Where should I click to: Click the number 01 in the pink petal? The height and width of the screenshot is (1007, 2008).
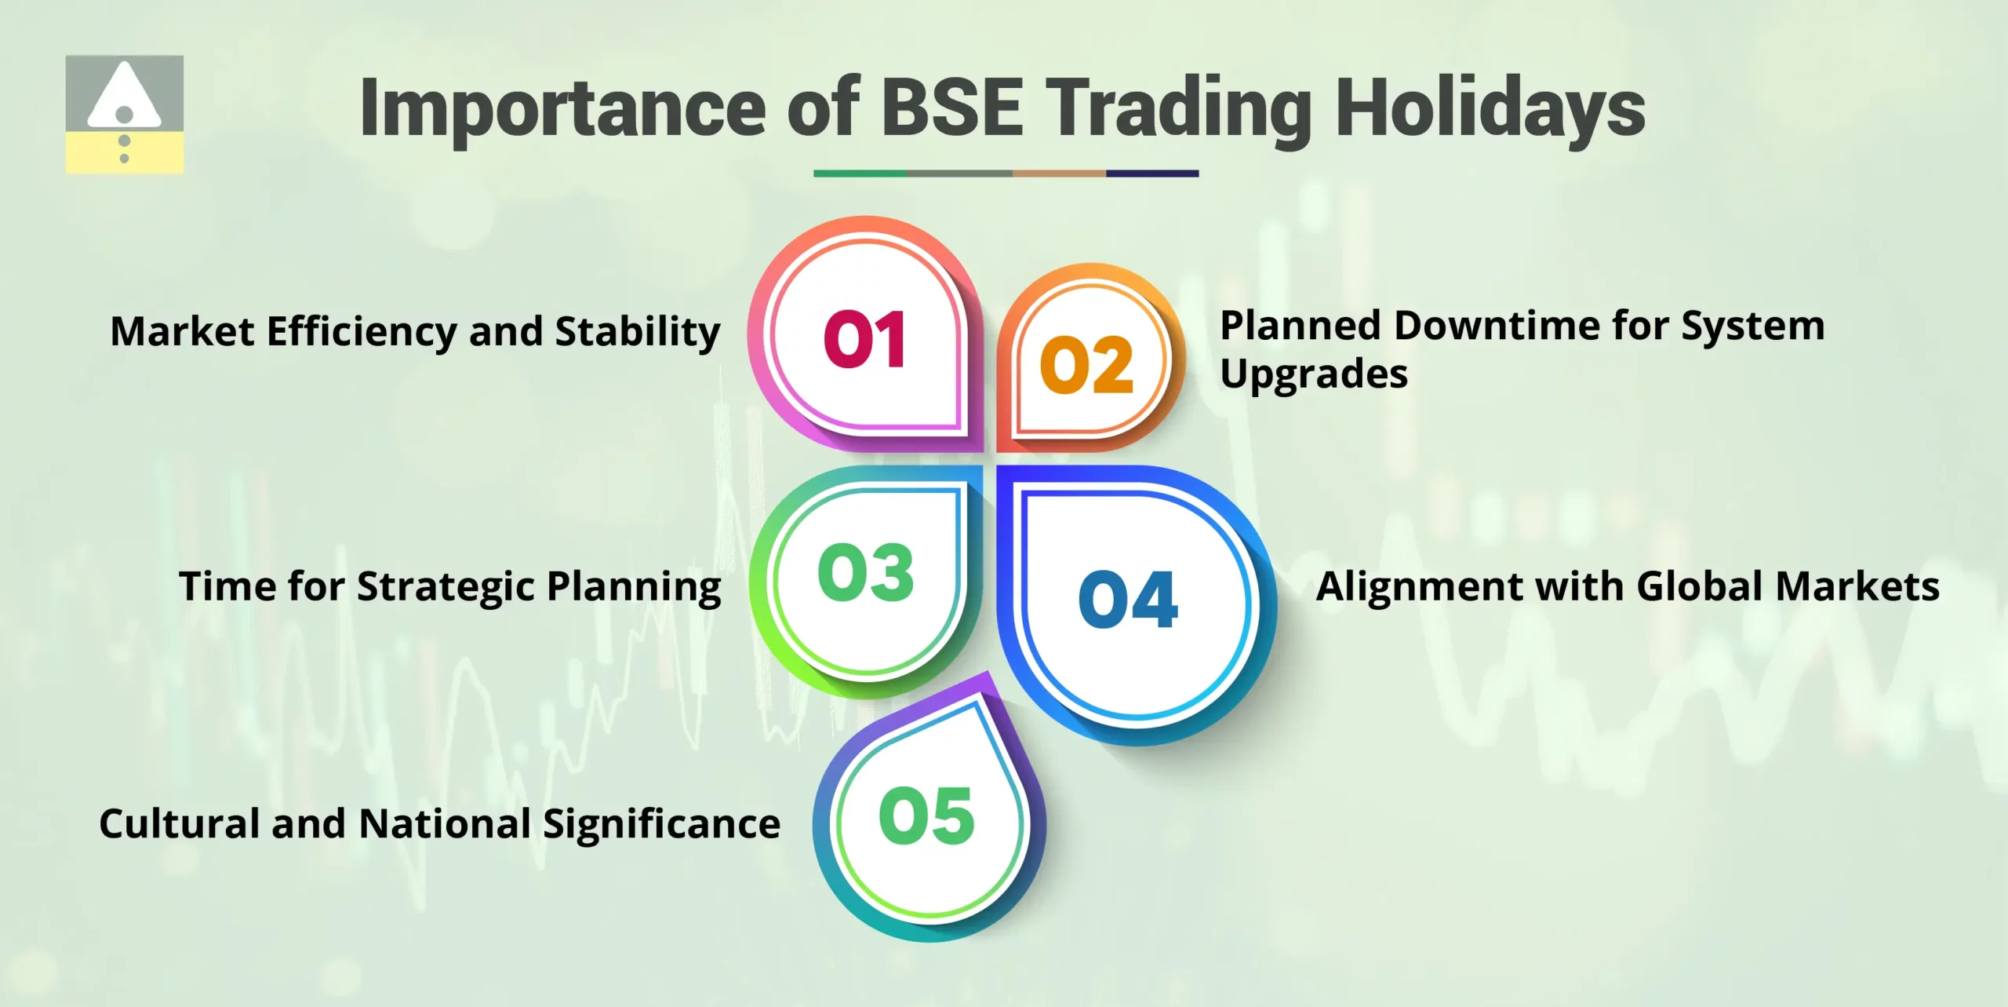(x=864, y=339)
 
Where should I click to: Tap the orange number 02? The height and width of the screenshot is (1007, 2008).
(x=1086, y=365)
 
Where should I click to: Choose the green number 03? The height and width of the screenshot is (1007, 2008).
(x=865, y=573)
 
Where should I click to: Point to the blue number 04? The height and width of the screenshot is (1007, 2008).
(x=1128, y=600)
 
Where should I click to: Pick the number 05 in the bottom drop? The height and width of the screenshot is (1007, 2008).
(x=926, y=816)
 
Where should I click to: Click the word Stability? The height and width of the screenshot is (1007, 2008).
(x=638, y=331)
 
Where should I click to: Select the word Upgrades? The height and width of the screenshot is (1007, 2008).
(x=1314, y=374)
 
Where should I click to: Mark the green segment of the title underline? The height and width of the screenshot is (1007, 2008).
(x=860, y=173)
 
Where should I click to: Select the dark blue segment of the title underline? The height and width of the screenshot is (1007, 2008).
(x=1152, y=173)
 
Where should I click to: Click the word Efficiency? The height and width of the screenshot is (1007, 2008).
(x=361, y=331)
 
